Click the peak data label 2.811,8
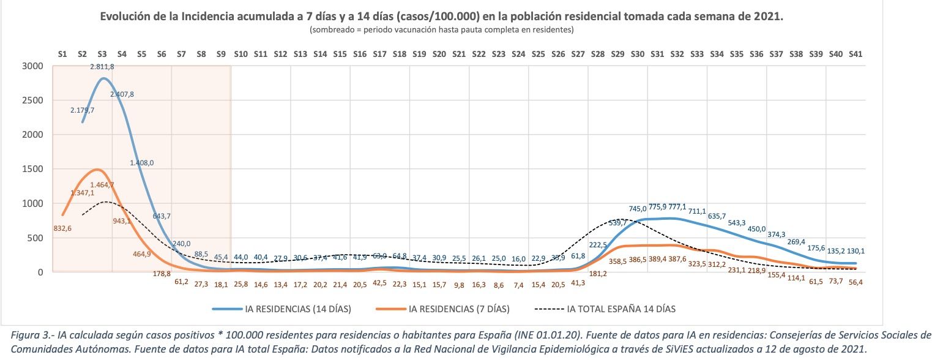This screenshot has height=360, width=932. coord(102,66)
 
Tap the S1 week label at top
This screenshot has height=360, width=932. coord(62,54)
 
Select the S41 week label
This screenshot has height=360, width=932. coord(856,54)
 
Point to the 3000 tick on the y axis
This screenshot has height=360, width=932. coord(33,66)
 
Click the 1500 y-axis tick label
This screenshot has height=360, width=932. coord(33,169)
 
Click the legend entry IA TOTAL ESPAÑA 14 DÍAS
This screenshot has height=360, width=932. coord(621,309)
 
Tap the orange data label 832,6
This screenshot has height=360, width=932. coord(62,228)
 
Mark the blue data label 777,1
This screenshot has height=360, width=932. coord(677,207)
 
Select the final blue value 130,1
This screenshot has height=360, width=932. coord(856,250)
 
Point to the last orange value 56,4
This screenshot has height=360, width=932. coord(856,282)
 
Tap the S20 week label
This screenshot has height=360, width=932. coord(439,54)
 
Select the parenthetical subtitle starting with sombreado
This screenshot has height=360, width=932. coord(441,29)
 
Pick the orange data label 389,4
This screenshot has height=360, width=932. coord(657,260)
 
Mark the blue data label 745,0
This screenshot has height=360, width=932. coord(638,209)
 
